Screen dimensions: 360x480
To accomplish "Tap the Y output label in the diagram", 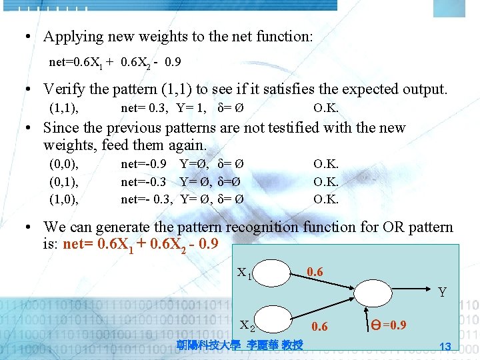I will tap(442, 291).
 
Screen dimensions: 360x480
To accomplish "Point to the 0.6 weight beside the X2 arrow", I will tap(320, 326).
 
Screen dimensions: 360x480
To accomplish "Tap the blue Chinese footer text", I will tap(240, 344).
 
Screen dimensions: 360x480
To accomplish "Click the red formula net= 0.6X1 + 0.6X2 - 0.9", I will tap(139, 243).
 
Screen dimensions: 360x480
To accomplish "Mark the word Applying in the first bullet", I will tap(75, 36).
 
